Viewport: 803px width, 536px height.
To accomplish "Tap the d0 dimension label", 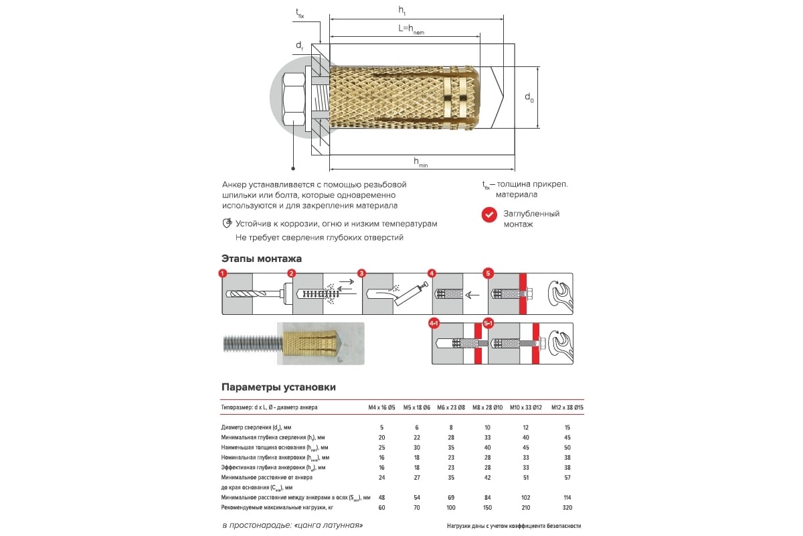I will [529, 98].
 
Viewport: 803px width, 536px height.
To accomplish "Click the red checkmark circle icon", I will [489, 214].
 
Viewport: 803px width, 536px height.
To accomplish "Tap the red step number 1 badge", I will [223, 273].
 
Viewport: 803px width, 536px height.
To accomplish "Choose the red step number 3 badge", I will [361, 273].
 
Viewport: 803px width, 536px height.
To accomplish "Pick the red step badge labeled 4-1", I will [434, 324].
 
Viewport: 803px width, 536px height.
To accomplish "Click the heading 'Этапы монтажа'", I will [261, 259].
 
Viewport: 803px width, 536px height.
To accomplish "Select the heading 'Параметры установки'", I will [278, 387].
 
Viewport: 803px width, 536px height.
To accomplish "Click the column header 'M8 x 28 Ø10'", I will [487, 407].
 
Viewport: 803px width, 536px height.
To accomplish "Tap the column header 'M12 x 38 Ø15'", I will [567, 407].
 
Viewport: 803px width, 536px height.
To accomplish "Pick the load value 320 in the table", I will [567, 508].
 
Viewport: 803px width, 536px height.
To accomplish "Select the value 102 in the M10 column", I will [525, 498].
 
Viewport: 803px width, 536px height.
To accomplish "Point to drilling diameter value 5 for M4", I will [382, 427].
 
